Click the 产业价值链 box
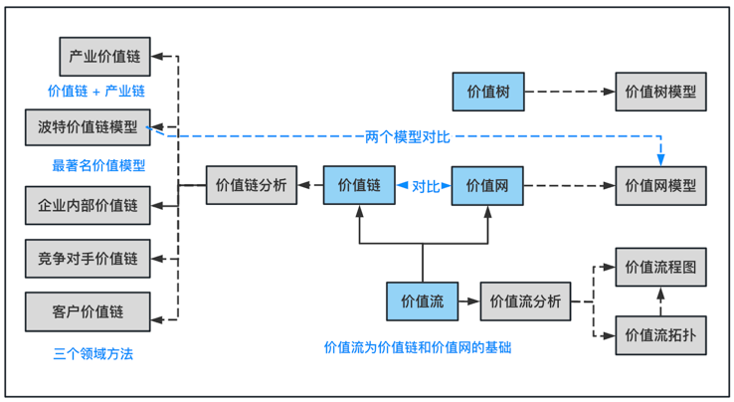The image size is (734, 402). [x=103, y=57]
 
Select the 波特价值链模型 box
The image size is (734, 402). [x=88, y=127]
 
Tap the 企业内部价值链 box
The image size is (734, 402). [x=88, y=206]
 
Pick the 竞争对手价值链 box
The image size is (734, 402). [x=88, y=259]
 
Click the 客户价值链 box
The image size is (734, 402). [x=88, y=311]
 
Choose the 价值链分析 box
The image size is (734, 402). [x=252, y=185]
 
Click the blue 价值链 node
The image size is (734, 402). [x=359, y=185]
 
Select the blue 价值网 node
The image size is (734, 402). [x=487, y=185]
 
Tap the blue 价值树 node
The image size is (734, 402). [x=487, y=92]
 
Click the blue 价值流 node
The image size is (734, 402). [x=423, y=301]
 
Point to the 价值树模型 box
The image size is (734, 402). [x=660, y=92]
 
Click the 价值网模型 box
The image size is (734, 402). [x=660, y=185]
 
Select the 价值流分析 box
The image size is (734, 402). [x=526, y=301]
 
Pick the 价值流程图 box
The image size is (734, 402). [x=660, y=268]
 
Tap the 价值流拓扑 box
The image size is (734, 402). [x=660, y=335]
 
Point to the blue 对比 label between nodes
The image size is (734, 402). [x=425, y=186]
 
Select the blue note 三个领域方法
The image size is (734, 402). [x=92, y=354]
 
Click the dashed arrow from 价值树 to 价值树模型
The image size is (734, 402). [x=569, y=92]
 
